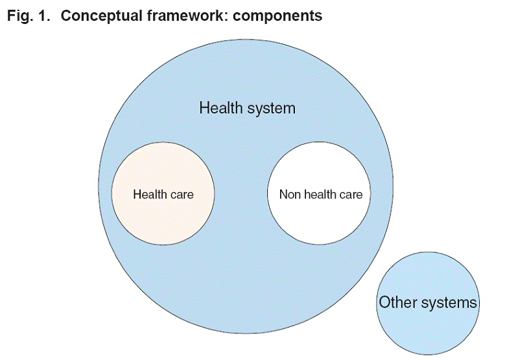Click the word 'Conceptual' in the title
(101, 16)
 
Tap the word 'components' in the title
(277, 16)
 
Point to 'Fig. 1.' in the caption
(29, 16)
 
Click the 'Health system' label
(248, 108)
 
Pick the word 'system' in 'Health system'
(272, 109)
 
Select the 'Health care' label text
(163, 195)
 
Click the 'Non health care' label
(321, 195)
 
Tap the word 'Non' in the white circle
(290, 195)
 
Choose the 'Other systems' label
(428, 302)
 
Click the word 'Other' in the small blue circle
(398, 302)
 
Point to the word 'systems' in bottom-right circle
(449, 303)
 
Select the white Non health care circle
(319, 219)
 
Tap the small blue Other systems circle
(428, 332)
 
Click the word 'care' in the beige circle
(183, 195)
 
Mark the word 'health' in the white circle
(320, 195)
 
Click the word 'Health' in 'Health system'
(222, 108)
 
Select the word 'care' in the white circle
(351, 195)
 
